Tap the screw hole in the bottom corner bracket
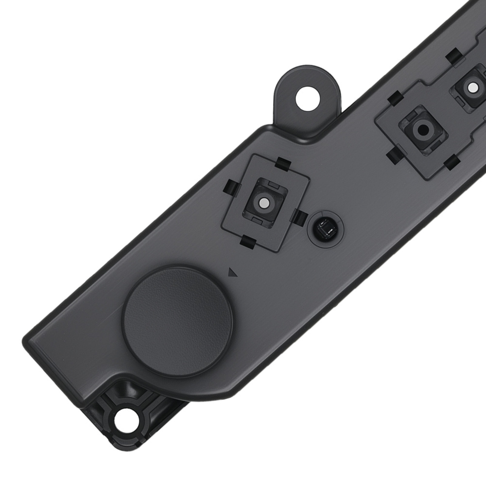[x=127, y=417]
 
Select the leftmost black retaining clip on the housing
[x=230, y=187]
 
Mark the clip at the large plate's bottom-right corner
[x=451, y=162]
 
